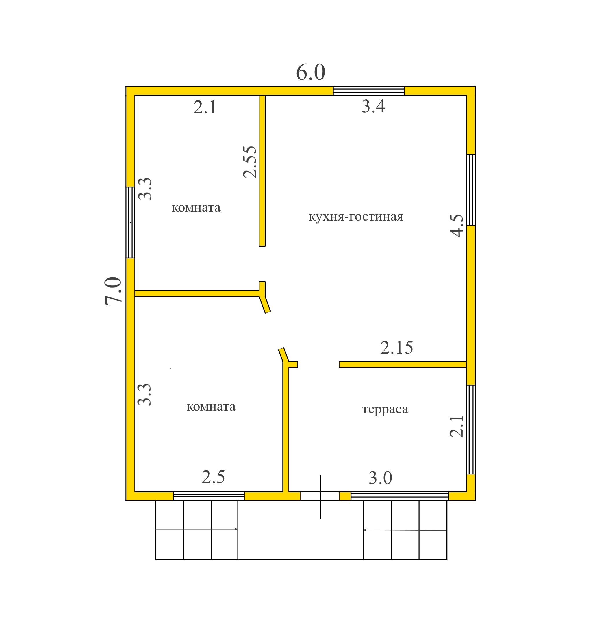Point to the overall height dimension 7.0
[x=113, y=291]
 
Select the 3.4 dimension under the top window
[x=373, y=106]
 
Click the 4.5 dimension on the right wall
[x=457, y=226]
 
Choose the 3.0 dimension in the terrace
[x=380, y=478]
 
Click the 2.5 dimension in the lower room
[x=213, y=477]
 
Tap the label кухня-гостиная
[x=356, y=217]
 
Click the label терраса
[x=385, y=409]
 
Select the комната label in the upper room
[x=196, y=208]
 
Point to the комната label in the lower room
[x=211, y=407]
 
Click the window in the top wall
[x=368, y=91]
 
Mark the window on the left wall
[x=130, y=222]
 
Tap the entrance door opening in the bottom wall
[x=320, y=496]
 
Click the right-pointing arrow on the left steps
[x=196, y=529]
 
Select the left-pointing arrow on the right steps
[x=405, y=530]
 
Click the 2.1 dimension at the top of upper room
[x=205, y=107]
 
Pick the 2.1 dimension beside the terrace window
[x=457, y=426]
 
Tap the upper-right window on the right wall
[x=471, y=190]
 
